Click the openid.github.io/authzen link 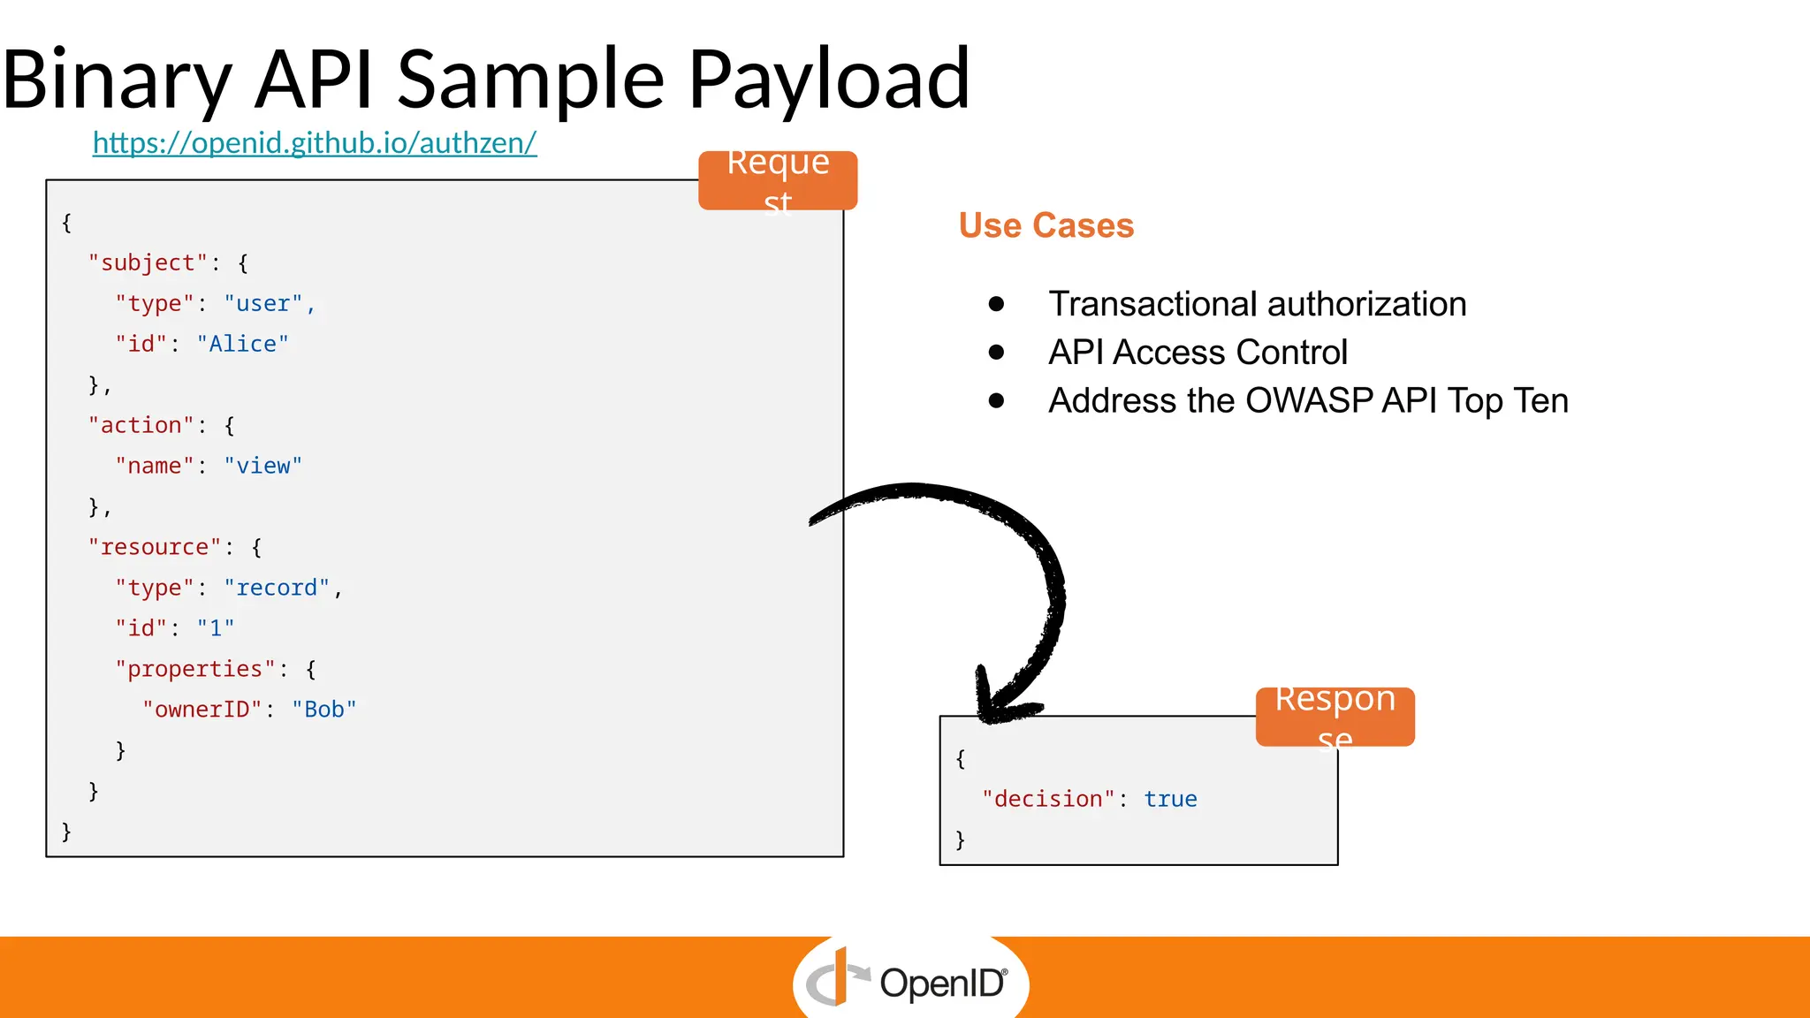pyautogui.click(x=315, y=143)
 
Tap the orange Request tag pyautogui.click(x=777, y=180)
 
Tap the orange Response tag pyautogui.click(x=1335, y=717)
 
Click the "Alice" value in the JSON pyautogui.click(x=242, y=344)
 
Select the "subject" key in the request pyautogui.click(x=148, y=262)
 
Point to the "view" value pyautogui.click(x=262, y=466)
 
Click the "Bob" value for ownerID pyautogui.click(x=323, y=710)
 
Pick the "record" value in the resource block pyautogui.click(x=277, y=588)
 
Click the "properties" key pyautogui.click(x=194, y=669)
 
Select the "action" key pyautogui.click(x=141, y=425)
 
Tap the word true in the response pyautogui.click(x=1170, y=799)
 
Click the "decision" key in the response pyautogui.click(x=1048, y=799)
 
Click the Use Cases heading pyautogui.click(x=1046, y=225)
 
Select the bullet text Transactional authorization pyautogui.click(x=1257, y=304)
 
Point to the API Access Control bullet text pyautogui.click(x=1198, y=353)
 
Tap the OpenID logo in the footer pyautogui.click(x=910, y=981)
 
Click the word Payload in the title pyautogui.click(x=828, y=80)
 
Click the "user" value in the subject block pyautogui.click(x=262, y=303)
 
